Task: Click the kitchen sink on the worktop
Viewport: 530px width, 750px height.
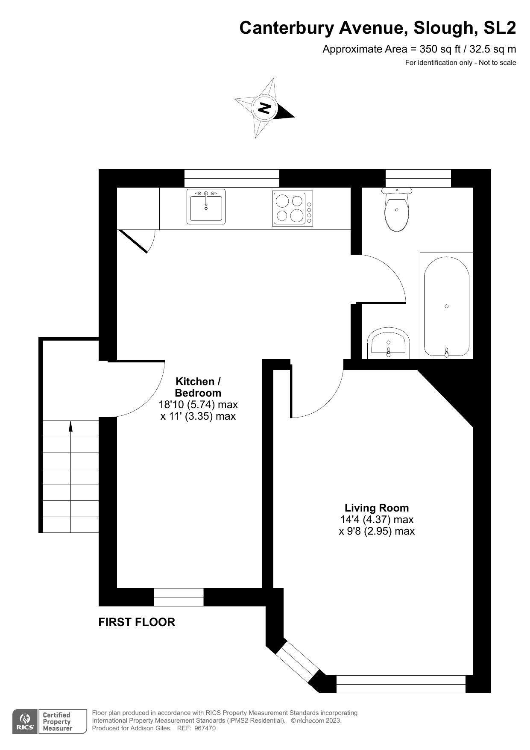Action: pos(206,207)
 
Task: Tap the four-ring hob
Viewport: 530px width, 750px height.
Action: pos(293,209)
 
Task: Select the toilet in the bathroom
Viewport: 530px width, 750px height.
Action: pos(397,209)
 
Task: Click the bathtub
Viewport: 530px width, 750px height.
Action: pos(446,306)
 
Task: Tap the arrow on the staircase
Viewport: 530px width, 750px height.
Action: pos(70,426)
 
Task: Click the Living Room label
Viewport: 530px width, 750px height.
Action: pos(377,508)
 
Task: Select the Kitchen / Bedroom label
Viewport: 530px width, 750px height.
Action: pos(198,387)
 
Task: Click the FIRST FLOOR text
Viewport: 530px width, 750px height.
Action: pos(137,622)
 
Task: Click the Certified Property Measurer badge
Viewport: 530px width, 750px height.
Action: pos(62,722)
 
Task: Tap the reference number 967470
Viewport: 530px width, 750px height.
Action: pos(205,728)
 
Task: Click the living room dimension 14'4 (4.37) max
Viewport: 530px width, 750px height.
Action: pos(377,520)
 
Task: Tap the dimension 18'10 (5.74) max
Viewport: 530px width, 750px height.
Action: pos(198,404)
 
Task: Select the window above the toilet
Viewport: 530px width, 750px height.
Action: pos(418,178)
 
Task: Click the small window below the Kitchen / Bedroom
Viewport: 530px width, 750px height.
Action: pos(179,597)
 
